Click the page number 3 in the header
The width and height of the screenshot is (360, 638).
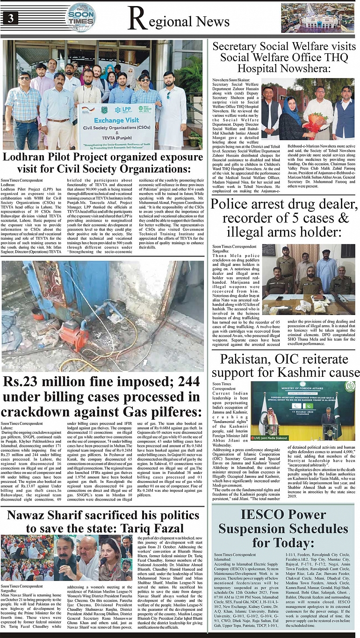point(10,18)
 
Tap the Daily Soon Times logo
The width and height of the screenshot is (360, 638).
point(80,17)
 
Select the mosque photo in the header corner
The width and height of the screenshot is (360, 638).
point(318,18)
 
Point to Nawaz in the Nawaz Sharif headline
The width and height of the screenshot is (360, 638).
point(29,515)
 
